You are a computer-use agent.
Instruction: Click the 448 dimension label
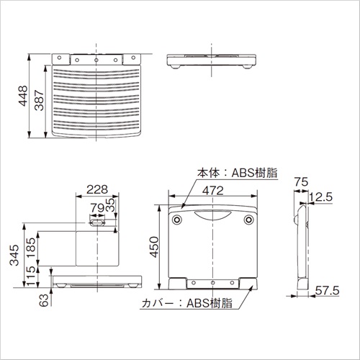23,96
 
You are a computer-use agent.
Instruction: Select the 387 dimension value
39,100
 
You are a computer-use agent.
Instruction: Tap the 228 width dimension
97,189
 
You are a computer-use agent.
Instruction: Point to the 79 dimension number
97,207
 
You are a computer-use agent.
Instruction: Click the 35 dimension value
110,204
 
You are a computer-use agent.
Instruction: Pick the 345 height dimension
14,255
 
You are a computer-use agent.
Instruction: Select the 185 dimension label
31,248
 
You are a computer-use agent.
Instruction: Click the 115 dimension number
31,276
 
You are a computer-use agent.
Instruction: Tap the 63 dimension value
44,300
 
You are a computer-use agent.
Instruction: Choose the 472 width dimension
213,191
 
